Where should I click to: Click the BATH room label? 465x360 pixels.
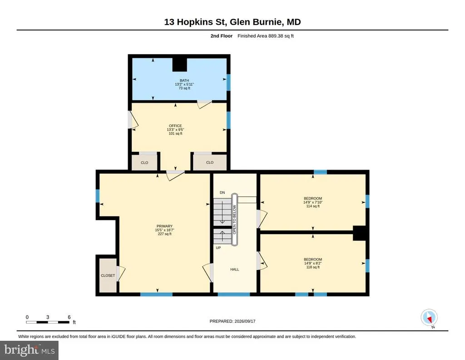point(184,80)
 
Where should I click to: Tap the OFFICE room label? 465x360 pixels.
point(175,126)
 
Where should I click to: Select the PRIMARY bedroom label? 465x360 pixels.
point(164,226)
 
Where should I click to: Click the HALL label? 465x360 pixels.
point(235,270)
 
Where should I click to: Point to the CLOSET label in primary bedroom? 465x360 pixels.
point(108,275)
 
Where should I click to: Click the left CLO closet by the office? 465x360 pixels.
point(144,163)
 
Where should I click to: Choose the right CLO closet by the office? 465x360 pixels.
point(210,162)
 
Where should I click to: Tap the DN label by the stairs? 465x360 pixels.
point(223,193)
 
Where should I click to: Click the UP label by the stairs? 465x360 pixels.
point(218,248)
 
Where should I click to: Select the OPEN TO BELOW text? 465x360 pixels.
point(234,220)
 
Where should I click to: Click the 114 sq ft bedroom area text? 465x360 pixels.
point(313,206)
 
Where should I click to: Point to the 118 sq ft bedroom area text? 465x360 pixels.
point(313,267)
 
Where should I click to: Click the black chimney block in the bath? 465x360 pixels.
point(180,65)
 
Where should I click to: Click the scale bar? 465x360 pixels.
point(48,322)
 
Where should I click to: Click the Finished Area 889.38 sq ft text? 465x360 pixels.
point(265,36)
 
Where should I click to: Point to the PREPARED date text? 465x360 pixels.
point(232,321)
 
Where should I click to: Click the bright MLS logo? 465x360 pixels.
point(29,350)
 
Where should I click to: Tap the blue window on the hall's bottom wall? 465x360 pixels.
point(234,295)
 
